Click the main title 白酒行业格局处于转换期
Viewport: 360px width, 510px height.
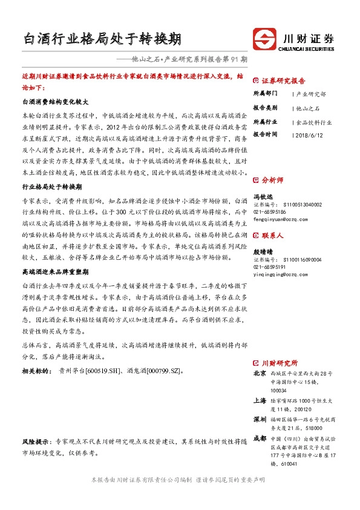[101, 39]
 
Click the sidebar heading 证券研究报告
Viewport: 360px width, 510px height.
[283, 81]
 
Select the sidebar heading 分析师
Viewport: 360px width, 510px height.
[272, 180]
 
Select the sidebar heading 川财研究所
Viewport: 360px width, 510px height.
[279, 362]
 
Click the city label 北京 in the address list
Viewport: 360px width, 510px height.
[260, 373]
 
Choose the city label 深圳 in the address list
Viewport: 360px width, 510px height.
[260, 419]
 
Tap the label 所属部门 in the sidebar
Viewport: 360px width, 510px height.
[265, 94]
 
